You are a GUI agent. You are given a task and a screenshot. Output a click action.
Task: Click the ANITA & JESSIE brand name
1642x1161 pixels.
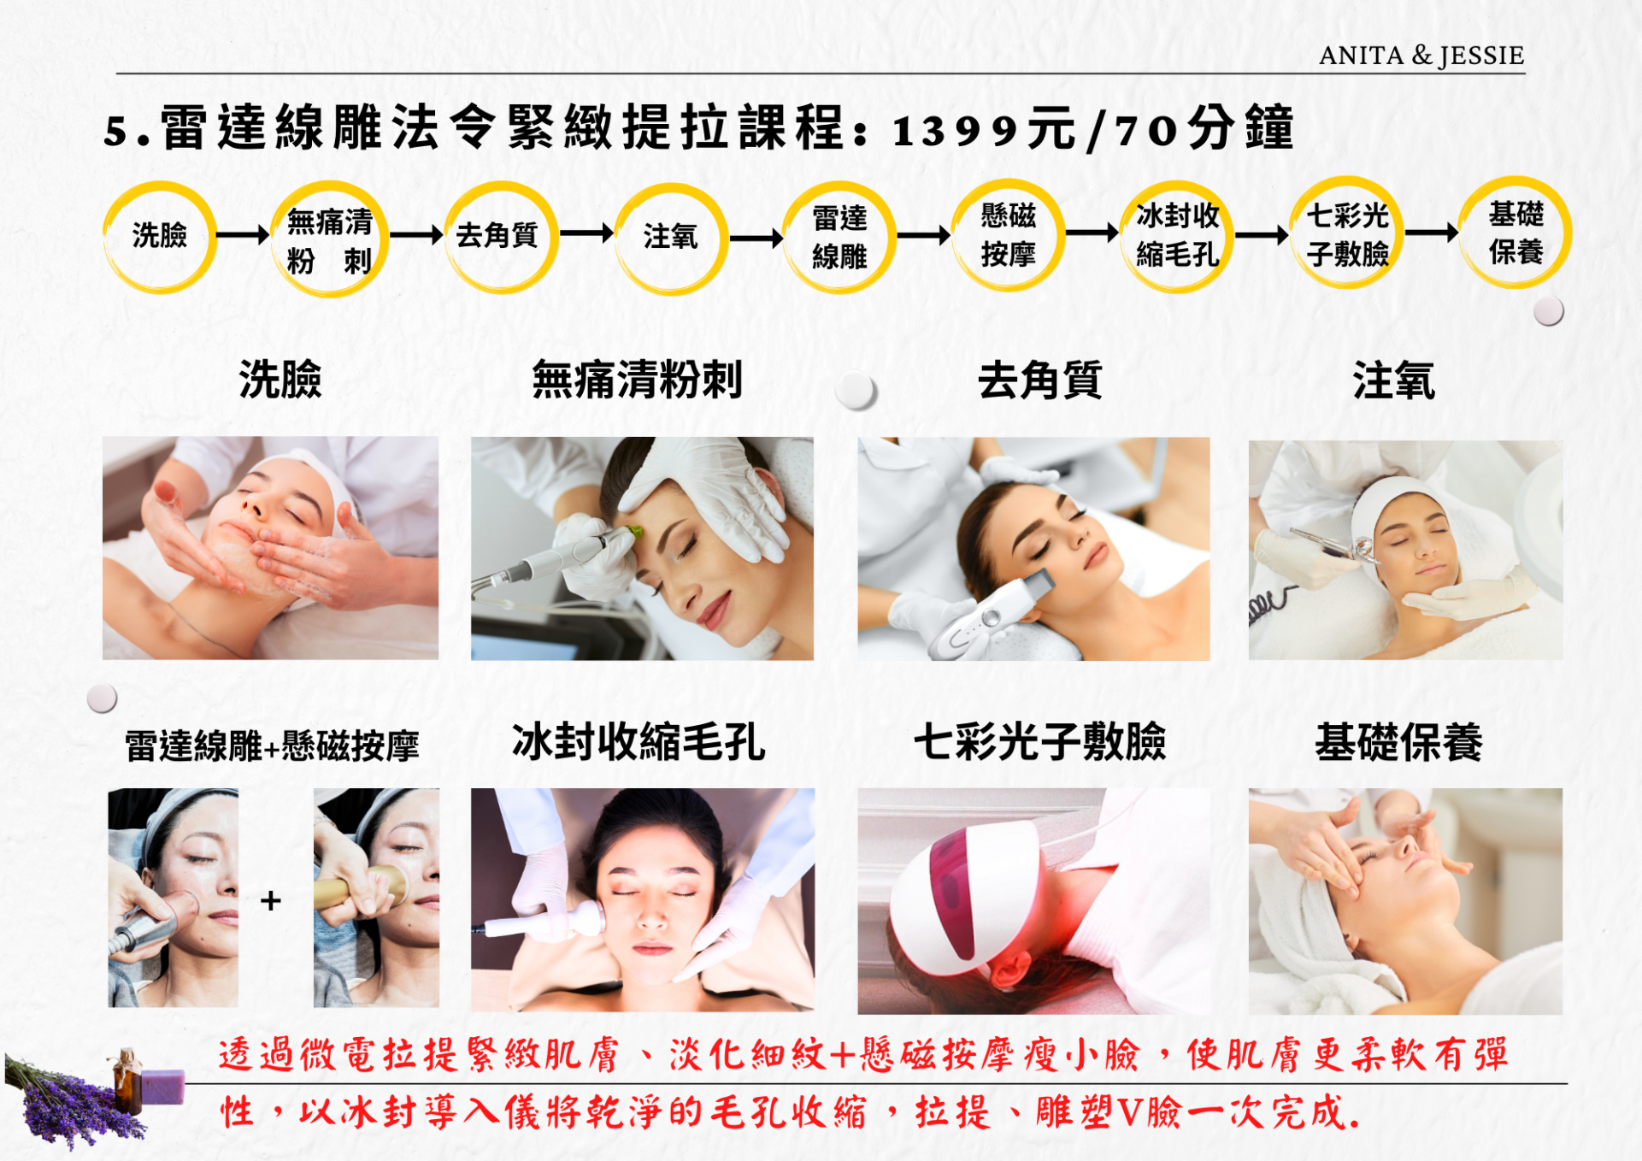[x=1421, y=56]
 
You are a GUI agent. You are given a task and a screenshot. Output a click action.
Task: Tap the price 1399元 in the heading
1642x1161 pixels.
[x=984, y=131]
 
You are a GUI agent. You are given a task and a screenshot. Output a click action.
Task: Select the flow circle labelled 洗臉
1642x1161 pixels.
[x=159, y=237]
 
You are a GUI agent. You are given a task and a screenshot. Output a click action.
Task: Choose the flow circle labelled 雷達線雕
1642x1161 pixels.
[x=839, y=237]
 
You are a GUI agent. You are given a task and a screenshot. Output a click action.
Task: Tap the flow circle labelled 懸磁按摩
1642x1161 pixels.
[x=1009, y=235]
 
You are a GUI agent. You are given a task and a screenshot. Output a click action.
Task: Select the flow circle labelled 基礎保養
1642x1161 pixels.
[x=1515, y=233]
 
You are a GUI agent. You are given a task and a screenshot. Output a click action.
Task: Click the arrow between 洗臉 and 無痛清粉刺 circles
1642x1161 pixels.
[x=243, y=235]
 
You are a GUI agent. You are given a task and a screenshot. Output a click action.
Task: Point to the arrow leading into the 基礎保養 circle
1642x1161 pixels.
[x=1432, y=232]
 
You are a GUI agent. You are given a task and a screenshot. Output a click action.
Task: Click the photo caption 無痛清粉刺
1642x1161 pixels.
[x=638, y=380]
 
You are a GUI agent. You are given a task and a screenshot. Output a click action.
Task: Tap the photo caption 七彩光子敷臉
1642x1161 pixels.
[x=1040, y=741]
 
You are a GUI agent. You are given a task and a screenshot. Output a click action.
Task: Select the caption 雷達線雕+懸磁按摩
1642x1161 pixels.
[x=272, y=746]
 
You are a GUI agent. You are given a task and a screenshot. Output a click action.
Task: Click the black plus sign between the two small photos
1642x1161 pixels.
[x=271, y=900]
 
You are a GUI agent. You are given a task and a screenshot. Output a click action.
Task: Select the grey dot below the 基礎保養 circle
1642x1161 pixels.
[x=1549, y=311]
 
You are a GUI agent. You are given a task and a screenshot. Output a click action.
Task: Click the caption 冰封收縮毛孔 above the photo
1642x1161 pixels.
[x=639, y=741]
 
